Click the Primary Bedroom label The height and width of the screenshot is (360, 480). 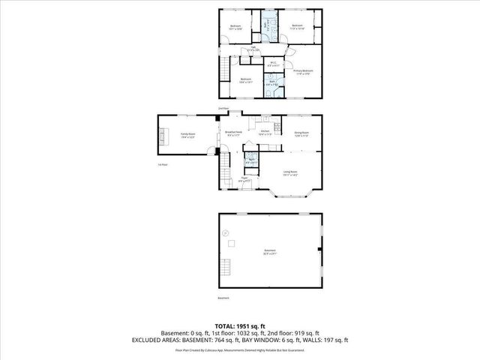pos(303,72)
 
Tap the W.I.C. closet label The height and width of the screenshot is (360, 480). pos(274,64)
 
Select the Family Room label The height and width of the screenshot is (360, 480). pos(187,136)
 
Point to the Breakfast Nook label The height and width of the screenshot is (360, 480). pos(232,133)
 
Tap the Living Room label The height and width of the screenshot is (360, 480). pos(291,173)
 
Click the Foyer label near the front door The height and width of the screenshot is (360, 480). pos(244,179)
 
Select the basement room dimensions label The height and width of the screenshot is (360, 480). pos(270,253)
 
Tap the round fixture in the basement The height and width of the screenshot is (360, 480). pos(224,233)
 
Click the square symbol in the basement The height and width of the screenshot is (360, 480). pos(232,243)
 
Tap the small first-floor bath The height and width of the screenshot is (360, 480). pos(252,160)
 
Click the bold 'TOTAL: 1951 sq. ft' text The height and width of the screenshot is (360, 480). pos(240,325)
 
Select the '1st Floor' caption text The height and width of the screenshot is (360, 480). pos(162,164)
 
